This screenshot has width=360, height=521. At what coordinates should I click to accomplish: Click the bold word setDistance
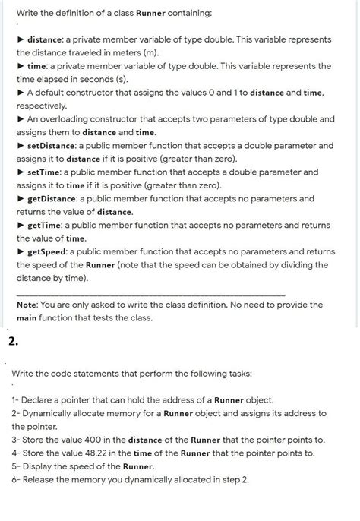pyautogui.click(x=52, y=145)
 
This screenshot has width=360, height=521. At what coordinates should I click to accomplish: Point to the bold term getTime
pyautogui.click(x=45, y=225)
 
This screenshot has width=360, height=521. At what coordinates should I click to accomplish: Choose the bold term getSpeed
pyautogui.click(x=48, y=251)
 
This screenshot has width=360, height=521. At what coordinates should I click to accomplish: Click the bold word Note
pyautogui.click(x=28, y=305)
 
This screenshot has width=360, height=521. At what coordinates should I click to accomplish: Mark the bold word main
pyautogui.click(x=30, y=317)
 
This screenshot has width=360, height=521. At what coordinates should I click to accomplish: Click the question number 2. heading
pyautogui.click(x=14, y=340)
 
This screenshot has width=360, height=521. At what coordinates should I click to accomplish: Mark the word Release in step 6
pyautogui.click(x=43, y=479)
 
